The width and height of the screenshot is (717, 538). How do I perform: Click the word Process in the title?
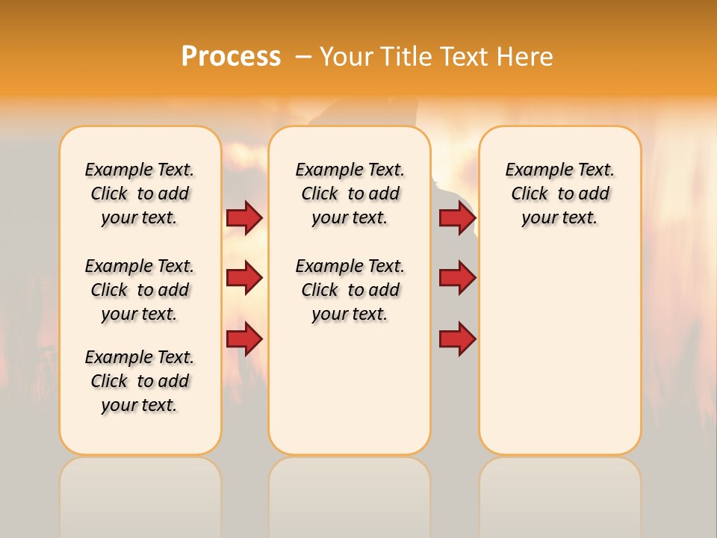(231, 57)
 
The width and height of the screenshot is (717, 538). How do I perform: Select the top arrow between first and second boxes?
(244, 218)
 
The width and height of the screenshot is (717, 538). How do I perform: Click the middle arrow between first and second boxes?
(244, 278)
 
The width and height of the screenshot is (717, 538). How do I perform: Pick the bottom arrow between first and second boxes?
(244, 338)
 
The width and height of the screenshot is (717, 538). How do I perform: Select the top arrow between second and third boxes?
(457, 218)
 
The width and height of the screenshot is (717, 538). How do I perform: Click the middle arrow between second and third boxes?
(457, 278)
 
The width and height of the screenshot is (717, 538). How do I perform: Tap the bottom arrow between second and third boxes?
(457, 338)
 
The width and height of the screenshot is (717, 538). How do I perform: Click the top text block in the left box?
(140, 194)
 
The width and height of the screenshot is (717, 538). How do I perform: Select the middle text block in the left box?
(140, 290)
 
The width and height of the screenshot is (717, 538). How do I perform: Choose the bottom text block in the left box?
(140, 381)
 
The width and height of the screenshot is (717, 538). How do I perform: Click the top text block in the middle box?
(350, 194)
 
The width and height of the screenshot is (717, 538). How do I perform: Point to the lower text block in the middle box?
(350, 290)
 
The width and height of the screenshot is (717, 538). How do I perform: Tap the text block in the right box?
(559, 194)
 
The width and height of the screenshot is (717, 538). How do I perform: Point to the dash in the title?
(303, 57)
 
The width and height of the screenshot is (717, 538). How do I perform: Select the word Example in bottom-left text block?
(114, 358)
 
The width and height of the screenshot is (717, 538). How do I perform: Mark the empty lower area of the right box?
(559, 351)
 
